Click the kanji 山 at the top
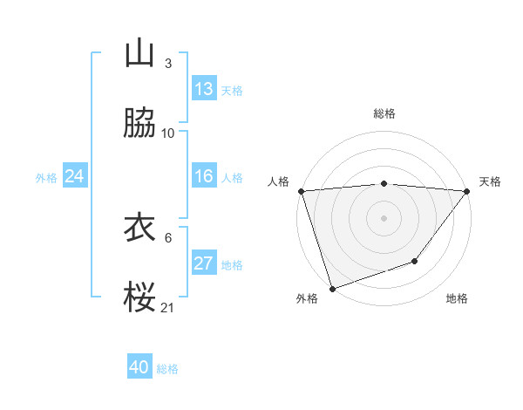139,54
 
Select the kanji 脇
139,125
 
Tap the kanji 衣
139,229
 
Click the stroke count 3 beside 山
167,64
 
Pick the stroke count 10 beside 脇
168,133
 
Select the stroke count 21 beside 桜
168,308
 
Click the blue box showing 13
204,89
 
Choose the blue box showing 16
204,176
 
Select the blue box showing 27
204,263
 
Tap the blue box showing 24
75,176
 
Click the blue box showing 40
139,367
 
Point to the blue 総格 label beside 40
168,369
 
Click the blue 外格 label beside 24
46,178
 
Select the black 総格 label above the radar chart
384,113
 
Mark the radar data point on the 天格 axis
467,191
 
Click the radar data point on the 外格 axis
332,288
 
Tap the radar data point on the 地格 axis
416,261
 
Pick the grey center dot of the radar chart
384,217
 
